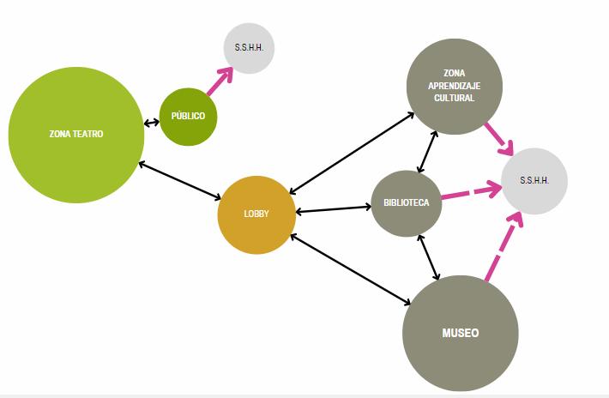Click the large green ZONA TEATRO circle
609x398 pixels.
[x=76, y=135]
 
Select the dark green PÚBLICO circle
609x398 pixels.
[x=188, y=117]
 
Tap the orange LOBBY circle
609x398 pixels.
[x=256, y=214]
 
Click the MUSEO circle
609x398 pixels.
[x=460, y=333]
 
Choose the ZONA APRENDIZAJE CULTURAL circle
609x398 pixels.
[x=454, y=86]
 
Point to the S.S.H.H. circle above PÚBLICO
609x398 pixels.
[x=249, y=48]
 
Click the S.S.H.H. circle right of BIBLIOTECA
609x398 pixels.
[x=534, y=181]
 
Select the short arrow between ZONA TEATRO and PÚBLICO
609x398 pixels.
[x=152, y=123]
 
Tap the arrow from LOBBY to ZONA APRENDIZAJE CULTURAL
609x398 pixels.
[x=352, y=151]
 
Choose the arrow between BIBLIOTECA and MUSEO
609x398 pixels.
[x=428, y=256]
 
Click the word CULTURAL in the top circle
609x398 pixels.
[x=454, y=99]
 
